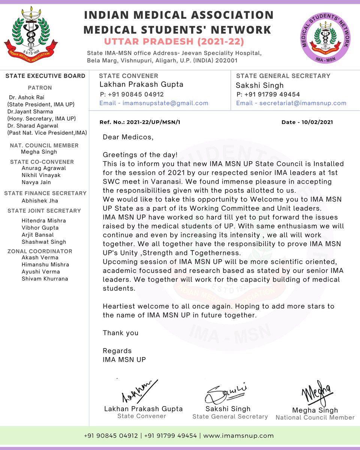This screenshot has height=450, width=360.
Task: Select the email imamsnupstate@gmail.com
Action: pyautogui.click(x=165, y=103)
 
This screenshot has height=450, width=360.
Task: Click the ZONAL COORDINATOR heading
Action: pyautogui.click(x=40, y=251)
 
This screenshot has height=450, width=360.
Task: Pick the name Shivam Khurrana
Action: pyautogui.click(x=45, y=279)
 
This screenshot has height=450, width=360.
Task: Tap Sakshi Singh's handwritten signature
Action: pyautogui.click(x=225, y=394)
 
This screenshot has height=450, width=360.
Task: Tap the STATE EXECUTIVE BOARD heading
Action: pyautogui.click(x=45, y=76)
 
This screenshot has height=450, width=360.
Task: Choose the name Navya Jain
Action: pyautogui.click(x=36, y=182)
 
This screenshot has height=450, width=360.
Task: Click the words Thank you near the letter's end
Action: pyautogui.click(x=121, y=333)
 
